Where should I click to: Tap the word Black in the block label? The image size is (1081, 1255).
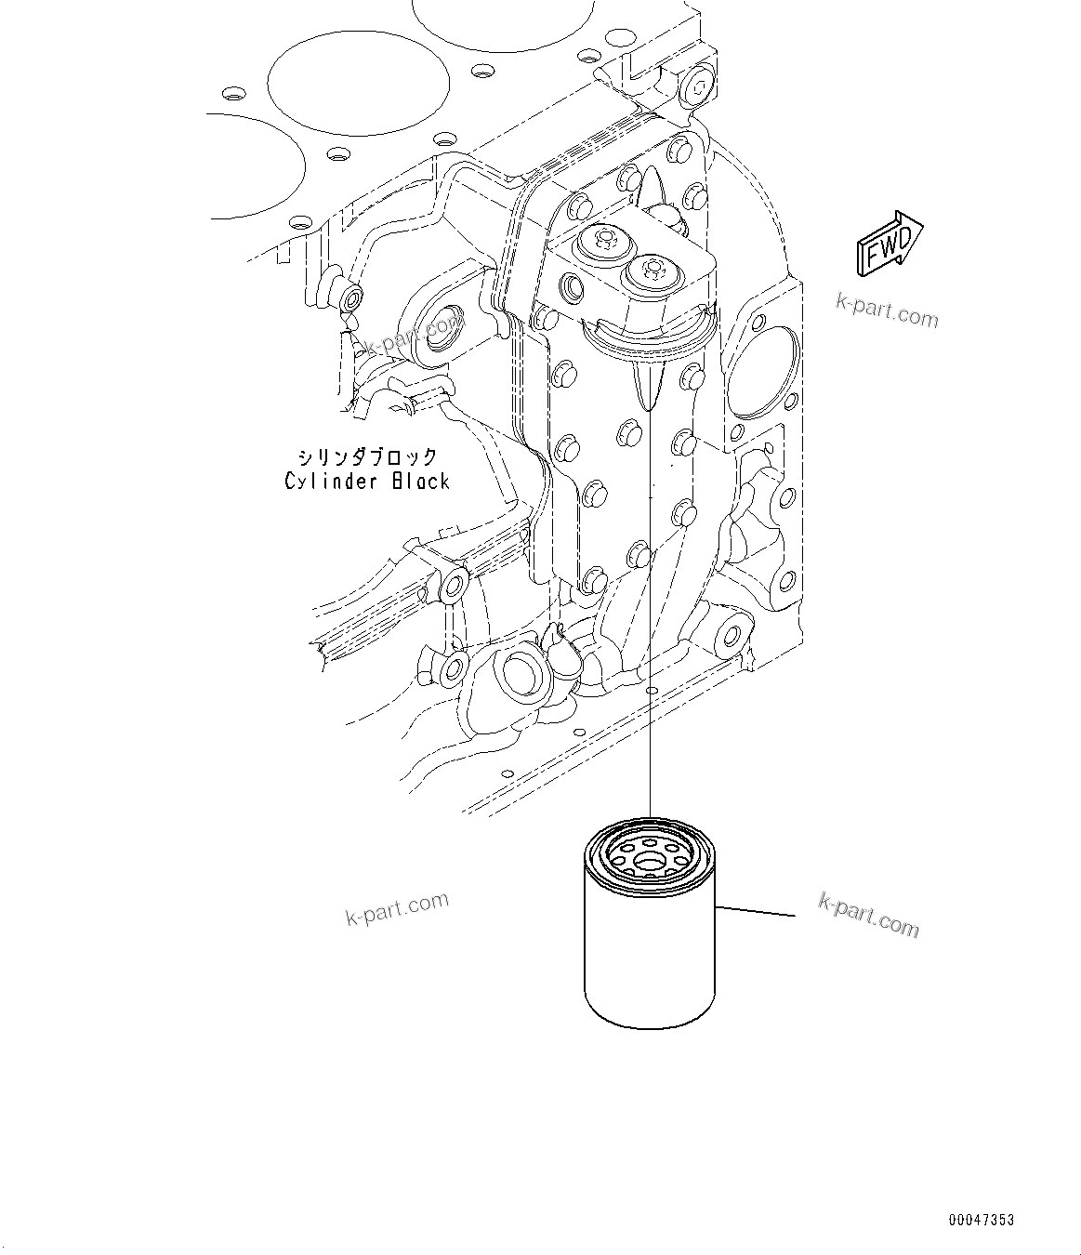point(420,482)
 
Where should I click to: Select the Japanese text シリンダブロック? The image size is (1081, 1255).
point(367,456)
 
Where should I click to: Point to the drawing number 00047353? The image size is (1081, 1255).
point(982,1220)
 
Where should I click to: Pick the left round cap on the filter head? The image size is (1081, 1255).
point(596,244)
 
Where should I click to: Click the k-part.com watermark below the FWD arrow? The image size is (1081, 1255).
point(887,310)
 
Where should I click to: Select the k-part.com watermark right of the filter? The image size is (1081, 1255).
point(868,915)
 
